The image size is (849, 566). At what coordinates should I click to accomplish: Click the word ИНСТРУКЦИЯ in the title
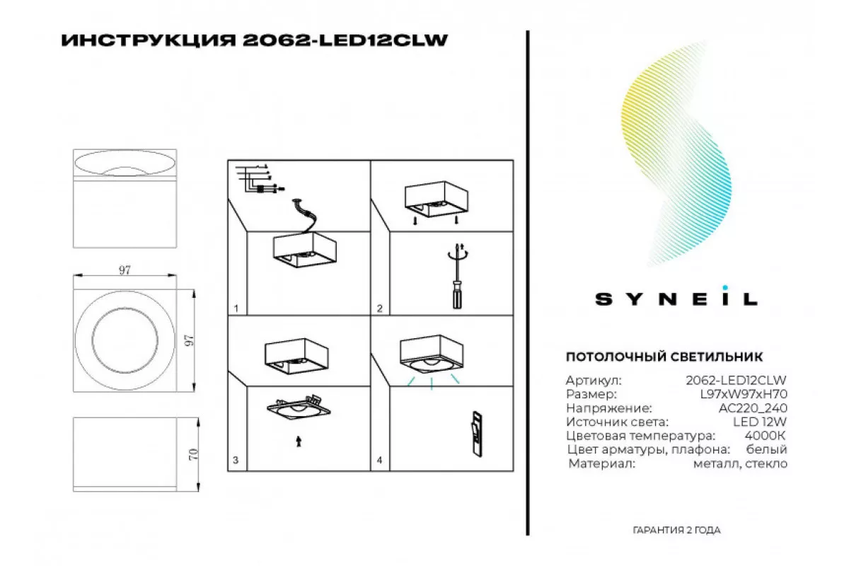click(148, 40)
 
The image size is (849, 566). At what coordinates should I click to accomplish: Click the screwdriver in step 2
click(458, 276)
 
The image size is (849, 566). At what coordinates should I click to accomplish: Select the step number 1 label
click(236, 308)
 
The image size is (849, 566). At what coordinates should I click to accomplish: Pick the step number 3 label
click(236, 460)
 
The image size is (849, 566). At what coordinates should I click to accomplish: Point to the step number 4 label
click(379, 460)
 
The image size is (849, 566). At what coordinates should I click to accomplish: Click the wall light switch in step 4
click(477, 434)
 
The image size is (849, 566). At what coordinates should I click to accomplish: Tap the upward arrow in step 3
click(299, 441)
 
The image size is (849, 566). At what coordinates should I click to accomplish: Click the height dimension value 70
click(193, 454)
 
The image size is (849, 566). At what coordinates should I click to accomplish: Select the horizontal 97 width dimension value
click(125, 270)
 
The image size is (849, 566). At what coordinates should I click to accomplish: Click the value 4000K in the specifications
click(766, 436)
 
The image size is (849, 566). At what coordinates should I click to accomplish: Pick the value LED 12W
click(760, 422)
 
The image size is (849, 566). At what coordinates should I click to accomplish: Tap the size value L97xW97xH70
click(744, 394)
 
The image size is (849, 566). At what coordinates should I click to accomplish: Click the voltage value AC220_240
click(753, 408)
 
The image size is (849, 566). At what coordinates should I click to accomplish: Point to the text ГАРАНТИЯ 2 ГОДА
click(676, 530)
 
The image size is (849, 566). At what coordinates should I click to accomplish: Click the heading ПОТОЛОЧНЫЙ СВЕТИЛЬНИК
click(664, 357)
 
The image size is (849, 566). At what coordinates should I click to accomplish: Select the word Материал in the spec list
click(601, 463)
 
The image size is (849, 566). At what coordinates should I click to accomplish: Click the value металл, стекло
click(740, 463)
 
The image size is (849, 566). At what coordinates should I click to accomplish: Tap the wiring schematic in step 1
click(260, 178)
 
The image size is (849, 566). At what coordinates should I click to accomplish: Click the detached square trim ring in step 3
click(299, 408)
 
